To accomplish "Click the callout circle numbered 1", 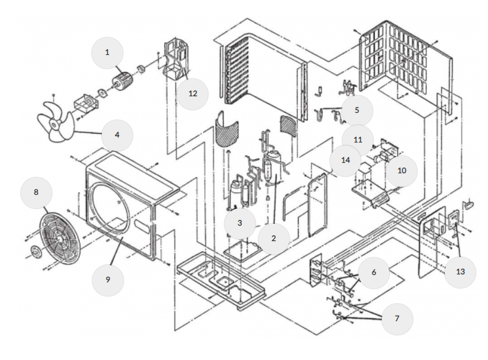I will (x=107, y=52).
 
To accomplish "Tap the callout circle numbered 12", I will (x=192, y=93).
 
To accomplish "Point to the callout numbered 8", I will (x=36, y=192).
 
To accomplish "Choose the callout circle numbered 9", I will (x=107, y=279).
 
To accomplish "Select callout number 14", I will (x=345, y=160).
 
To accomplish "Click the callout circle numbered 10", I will (x=402, y=170).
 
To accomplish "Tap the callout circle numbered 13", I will (x=460, y=271).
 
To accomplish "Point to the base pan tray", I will (x=222, y=280).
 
